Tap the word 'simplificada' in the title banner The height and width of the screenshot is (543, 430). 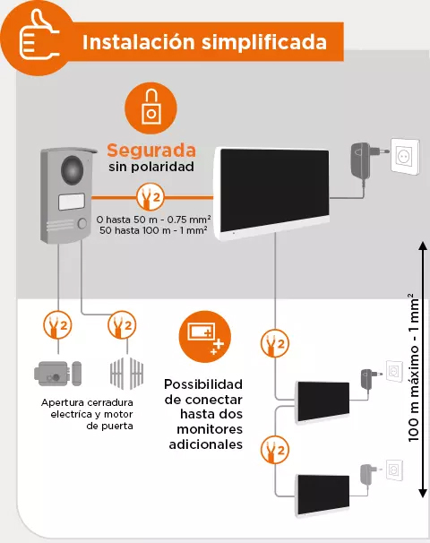[264, 42]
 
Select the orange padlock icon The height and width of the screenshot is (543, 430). [151, 108]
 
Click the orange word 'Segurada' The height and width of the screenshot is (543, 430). [151, 151]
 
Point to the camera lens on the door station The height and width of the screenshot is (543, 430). [73, 169]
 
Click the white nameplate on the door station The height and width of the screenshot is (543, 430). [72, 202]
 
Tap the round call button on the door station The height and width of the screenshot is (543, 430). [82, 224]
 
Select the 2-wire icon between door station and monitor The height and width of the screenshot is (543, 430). [150, 197]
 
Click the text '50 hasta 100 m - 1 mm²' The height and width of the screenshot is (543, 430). [153, 230]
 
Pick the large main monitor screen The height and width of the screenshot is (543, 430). [274, 191]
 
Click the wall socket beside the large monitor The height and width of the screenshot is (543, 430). [405, 156]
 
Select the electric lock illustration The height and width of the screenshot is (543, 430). [57, 374]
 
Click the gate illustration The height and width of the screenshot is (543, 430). [126, 374]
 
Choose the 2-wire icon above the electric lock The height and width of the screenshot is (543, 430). [57, 325]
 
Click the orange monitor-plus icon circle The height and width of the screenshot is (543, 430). [204, 337]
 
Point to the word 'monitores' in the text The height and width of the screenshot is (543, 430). [210, 429]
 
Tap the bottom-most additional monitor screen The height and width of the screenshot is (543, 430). [323, 495]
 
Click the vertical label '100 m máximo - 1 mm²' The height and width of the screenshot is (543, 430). [414, 367]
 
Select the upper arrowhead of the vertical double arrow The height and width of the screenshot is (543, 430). [422, 246]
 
